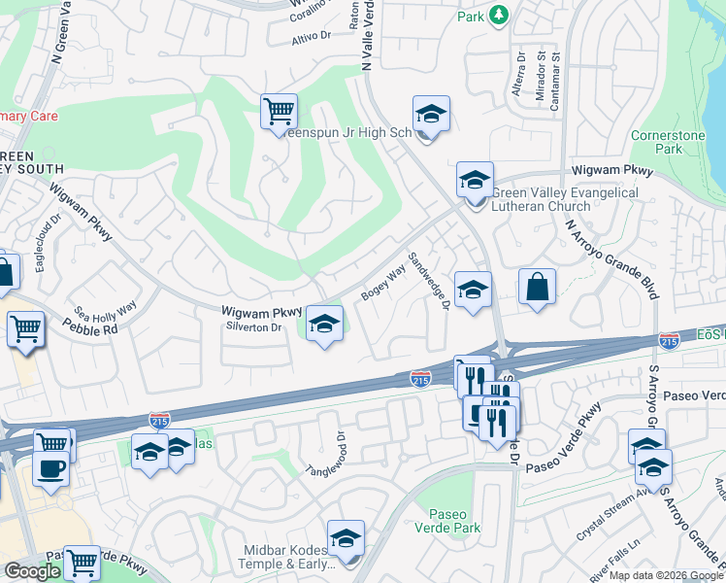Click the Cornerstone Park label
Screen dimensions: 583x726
[669, 142]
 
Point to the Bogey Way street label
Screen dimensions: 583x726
[383, 284]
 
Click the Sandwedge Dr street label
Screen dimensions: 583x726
[428, 282]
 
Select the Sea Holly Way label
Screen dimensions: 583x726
[106, 309]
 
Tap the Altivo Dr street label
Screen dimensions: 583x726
[312, 39]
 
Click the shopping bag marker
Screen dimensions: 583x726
[537, 287]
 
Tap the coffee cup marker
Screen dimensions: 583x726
[50, 467]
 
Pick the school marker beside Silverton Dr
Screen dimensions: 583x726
[324, 323]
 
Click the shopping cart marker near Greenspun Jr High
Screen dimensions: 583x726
[279, 111]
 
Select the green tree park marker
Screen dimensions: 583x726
[499, 14]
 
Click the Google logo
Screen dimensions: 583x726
[32, 571]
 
